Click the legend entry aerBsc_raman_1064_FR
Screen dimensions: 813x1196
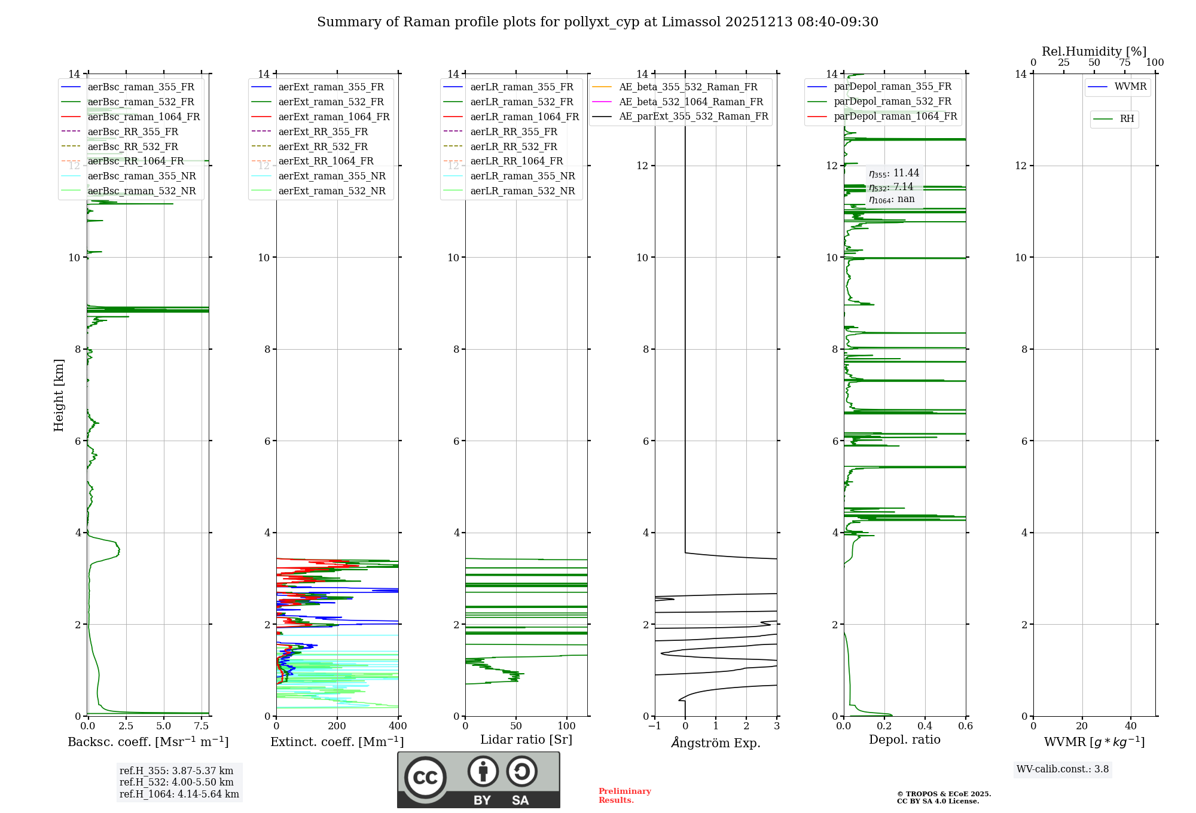[x=144, y=117]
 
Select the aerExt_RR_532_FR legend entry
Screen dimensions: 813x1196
[x=323, y=147]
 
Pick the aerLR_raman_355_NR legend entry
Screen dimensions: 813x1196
[x=522, y=176]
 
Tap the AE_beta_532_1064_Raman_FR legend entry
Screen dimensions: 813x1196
[x=691, y=102]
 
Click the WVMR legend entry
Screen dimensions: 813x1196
[x=1130, y=87]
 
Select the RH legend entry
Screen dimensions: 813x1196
[x=1127, y=119]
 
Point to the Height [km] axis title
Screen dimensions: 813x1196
[x=59, y=395]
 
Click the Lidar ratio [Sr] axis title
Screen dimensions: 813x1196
[x=526, y=739]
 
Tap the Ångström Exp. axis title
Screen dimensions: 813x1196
[x=716, y=742]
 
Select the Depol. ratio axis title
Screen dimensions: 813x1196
[x=904, y=739]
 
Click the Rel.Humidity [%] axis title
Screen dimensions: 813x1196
[x=1094, y=51]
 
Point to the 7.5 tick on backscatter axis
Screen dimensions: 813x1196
[x=202, y=726]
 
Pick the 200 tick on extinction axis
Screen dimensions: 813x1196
[x=337, y=726]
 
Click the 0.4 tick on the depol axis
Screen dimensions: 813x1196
[x=925, y=726]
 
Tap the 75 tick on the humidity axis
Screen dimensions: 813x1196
[x=1125, y=63]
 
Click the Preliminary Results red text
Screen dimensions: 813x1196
[x=624, y=796]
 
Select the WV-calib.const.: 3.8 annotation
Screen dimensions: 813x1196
[x=1063, y=769]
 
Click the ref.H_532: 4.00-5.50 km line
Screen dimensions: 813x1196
[x=176, y=783]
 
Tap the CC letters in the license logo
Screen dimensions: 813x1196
[x=425, y=778]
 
